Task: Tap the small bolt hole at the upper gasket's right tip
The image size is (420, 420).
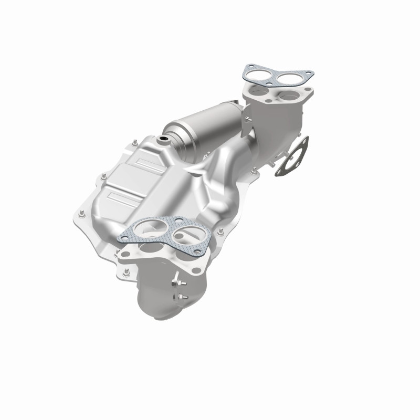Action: point(309,73)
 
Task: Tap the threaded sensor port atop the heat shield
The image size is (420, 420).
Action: point(164,139)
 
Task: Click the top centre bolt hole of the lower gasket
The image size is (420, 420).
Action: point(179,220)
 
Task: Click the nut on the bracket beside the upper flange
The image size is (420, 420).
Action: point(255,169)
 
